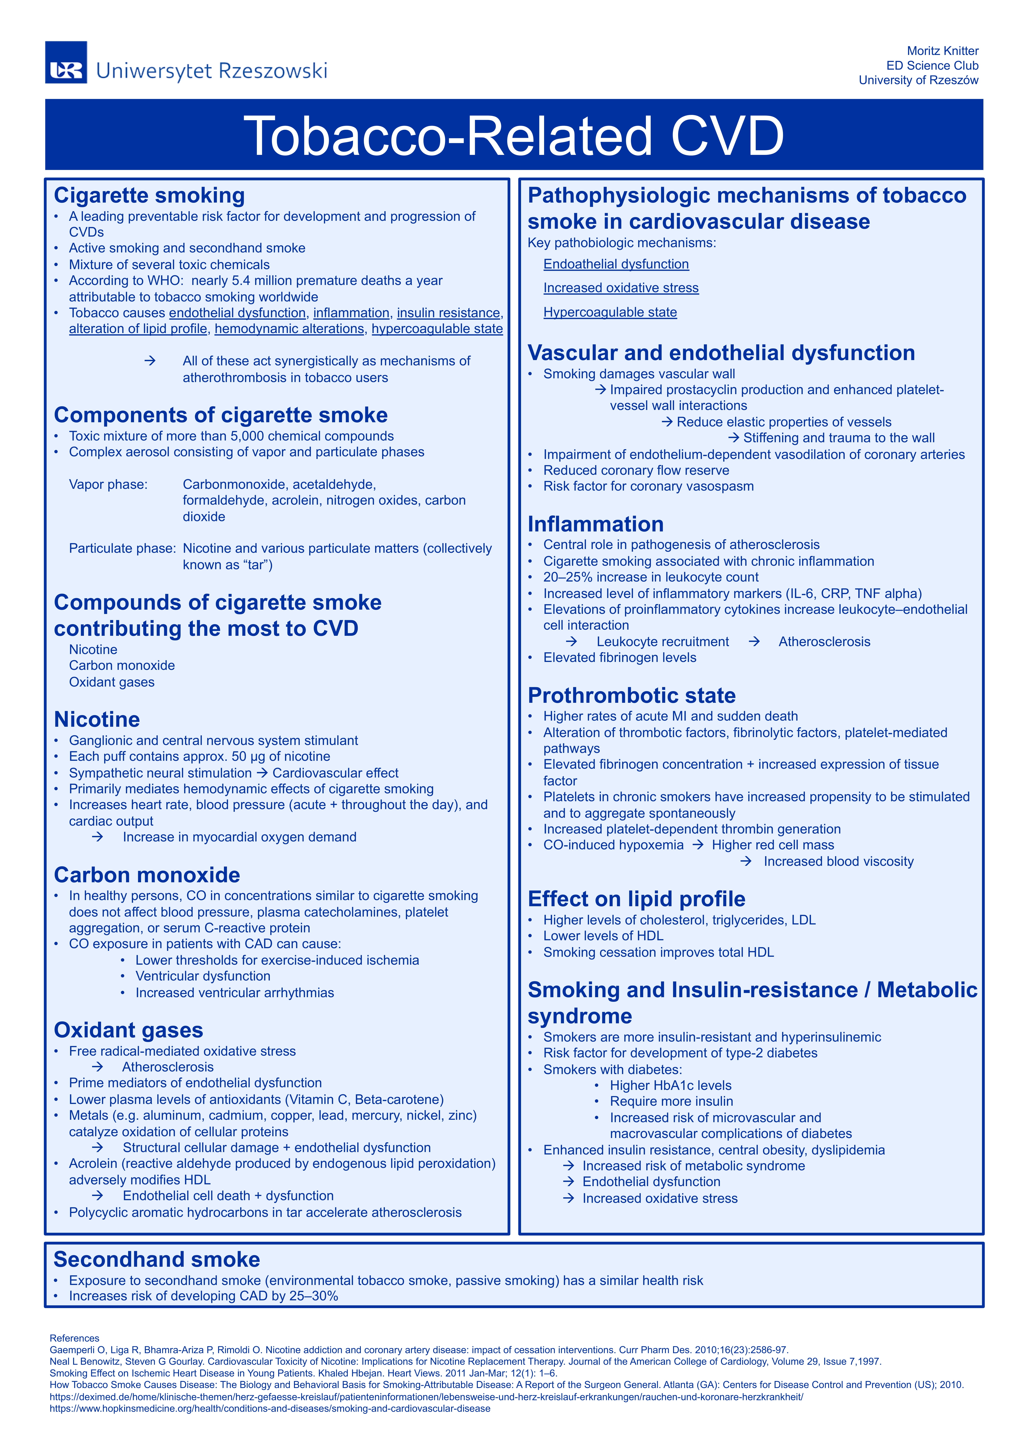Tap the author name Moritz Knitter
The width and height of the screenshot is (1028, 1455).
pos(943,51)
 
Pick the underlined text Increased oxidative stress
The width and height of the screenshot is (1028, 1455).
pos(621,288)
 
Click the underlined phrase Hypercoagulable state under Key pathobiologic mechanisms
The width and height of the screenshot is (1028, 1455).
pos(610,312)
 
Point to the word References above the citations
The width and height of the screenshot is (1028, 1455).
pos(74,1338)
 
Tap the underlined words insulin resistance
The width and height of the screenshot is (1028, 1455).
pos(449,313)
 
